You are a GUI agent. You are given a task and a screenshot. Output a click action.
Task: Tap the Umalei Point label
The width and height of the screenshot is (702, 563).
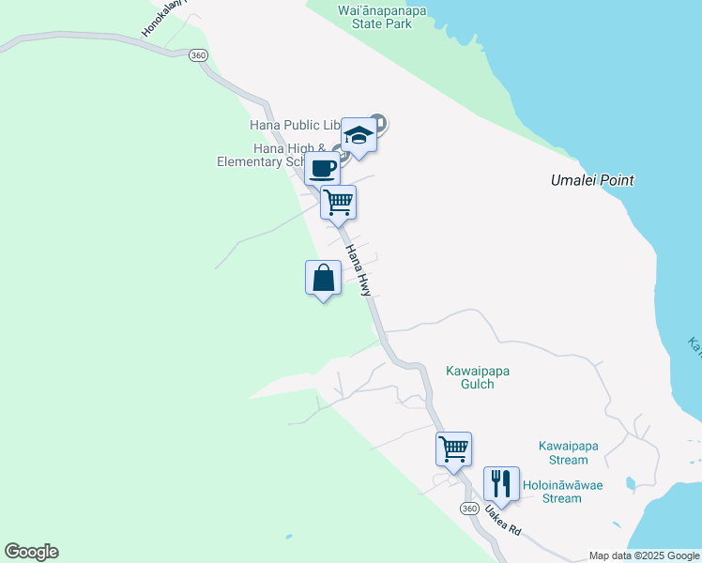click(592, 180)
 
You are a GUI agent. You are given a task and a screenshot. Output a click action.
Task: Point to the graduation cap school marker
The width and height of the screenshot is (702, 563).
click(359, 136)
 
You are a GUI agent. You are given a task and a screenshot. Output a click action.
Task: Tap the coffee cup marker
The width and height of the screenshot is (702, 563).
click(322, 169)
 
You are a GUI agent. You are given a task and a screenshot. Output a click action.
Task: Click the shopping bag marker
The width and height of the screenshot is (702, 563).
click(324, 279)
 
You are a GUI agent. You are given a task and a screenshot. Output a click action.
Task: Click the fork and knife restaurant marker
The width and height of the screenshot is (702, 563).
click(501, 484)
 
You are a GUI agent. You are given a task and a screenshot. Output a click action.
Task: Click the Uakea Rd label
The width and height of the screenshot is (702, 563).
click(503, 521)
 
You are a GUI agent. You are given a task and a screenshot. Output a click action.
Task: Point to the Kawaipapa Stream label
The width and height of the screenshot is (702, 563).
click(569, 453)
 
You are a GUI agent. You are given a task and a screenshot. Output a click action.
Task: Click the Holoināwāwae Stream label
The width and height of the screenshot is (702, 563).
click(562, 492)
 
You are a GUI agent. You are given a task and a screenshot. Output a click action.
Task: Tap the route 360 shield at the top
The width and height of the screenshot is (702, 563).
click(197, 55)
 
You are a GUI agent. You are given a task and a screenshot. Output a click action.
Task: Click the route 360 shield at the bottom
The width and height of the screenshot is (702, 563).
click(470, 508)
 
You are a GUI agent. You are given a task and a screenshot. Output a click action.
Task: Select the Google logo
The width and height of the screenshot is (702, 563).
click(31, 552)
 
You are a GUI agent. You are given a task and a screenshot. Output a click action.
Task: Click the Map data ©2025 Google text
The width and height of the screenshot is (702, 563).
click(644, 555)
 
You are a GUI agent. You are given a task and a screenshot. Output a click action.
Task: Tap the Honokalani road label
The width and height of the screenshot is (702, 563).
click(165, 18)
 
